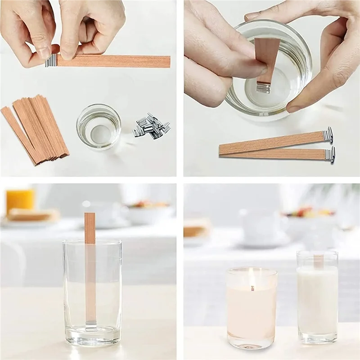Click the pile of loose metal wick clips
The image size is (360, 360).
tap(151, 126)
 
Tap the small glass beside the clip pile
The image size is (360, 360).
tap(99, 127)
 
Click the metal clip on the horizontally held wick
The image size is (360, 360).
tap(51, 60)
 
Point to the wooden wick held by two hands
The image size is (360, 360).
tap(112, 61)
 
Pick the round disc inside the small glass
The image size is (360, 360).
tap(100, 133)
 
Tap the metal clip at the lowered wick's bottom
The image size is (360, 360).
tap(263, 87)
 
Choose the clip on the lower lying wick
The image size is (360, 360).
tap(330, 155)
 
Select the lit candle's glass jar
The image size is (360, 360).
tap(252, 310)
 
